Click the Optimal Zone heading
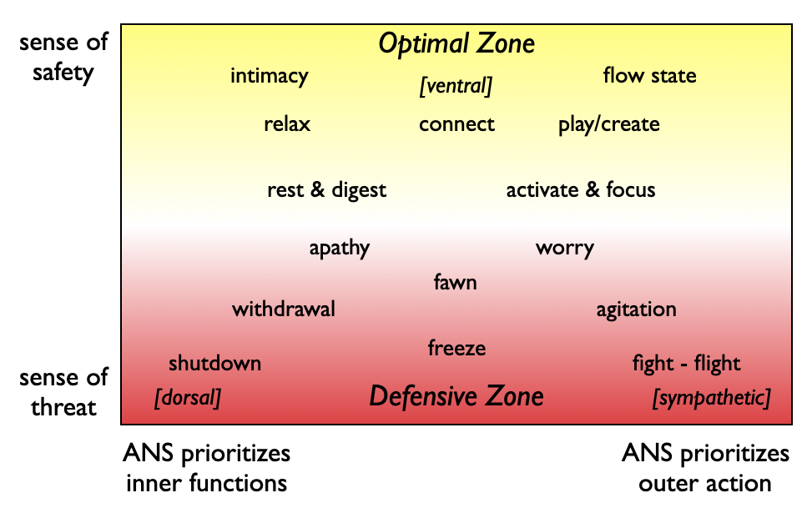pyautogui.click(x=456, y=44)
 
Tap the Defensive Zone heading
pyautogui.click(x=456, y=396)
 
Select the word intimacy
pyautogui.click(x=270, y=76)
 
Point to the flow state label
pyautogui.click(x=649, y=76)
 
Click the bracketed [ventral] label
pyautogui.click(x=456, y=86)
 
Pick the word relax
pyautogui.click(x=287, y=124)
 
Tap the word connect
pyautogui.click(x=456, y=124)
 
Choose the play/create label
pyautogui.click(x=608, y=124)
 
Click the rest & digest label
pyautogui.click(x=326, y=190)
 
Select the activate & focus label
pyautogui.click(x=581, y=190)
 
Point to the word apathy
pyautogui.click(x=339, y=249)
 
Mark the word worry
pyautogui.click(x=565, y=249)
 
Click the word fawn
pyautogui.click(x=455, y=282)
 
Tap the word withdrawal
pyautogui.click(x=284, y=309)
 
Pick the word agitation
pyautogui.click(x=636, y=309)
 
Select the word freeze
pyautogui.click(x=456, y=347)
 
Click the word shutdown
pyautogui.click(x=214, y=363)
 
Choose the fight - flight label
pyautogui.click(x=686, y=364)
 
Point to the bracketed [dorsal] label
pyautogui.click(x=188, y=398)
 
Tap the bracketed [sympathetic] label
pyautogui.click(x=711, y=398)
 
